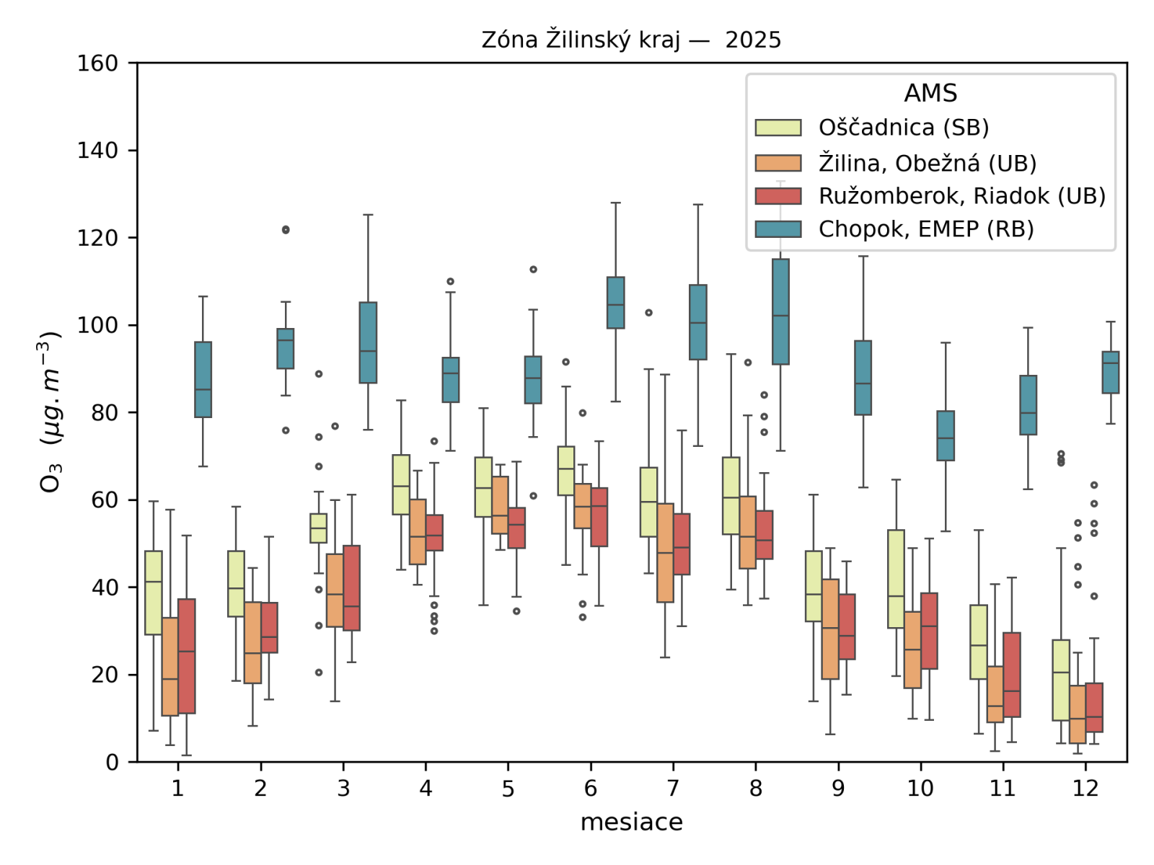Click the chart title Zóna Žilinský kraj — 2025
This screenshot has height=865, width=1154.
pos(631,40)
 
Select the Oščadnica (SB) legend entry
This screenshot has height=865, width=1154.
pos(903,128)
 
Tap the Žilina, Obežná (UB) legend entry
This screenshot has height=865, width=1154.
pos(927,163)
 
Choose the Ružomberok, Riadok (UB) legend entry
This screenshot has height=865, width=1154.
pos(961,196)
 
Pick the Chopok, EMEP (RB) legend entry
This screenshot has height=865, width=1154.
pos(925,229)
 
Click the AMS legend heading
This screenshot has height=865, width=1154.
pos(930,93)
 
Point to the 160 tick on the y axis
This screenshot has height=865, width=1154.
pos(97,63)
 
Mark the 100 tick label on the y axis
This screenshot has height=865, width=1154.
pos(97,325)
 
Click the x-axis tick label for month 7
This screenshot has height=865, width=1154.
pos(673,788)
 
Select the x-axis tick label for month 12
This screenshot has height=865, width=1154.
pos(1085,788)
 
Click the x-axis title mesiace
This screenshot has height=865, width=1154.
pos(631,822)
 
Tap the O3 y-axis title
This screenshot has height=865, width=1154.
pos(50,412)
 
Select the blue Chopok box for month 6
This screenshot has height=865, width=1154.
pos(615,303)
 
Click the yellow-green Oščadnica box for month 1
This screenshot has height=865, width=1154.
pos(153,593)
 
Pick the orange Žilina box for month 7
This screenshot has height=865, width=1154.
pos(665,553)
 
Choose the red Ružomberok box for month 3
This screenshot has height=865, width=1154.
pos(351,588)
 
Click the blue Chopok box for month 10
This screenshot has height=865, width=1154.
pos(946,435)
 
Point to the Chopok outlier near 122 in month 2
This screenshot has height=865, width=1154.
pos(286,230)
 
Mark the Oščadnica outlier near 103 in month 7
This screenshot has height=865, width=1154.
pos(648,313)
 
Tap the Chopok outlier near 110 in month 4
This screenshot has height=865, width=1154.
pos(451,281)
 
